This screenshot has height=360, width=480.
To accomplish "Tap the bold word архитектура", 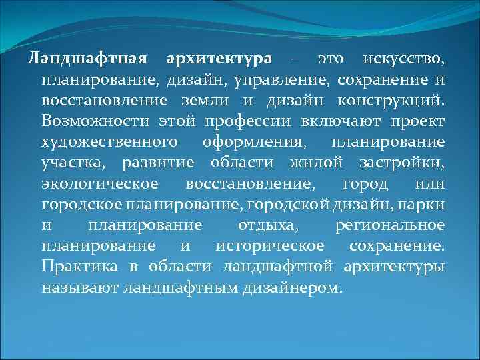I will click(219, 59).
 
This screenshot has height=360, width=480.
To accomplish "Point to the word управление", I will click(293, 80).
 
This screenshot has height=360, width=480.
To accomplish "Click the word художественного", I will click(109, 142).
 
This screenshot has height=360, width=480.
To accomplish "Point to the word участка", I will click(74, 163).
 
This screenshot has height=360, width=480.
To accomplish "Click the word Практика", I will click(73, 267).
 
